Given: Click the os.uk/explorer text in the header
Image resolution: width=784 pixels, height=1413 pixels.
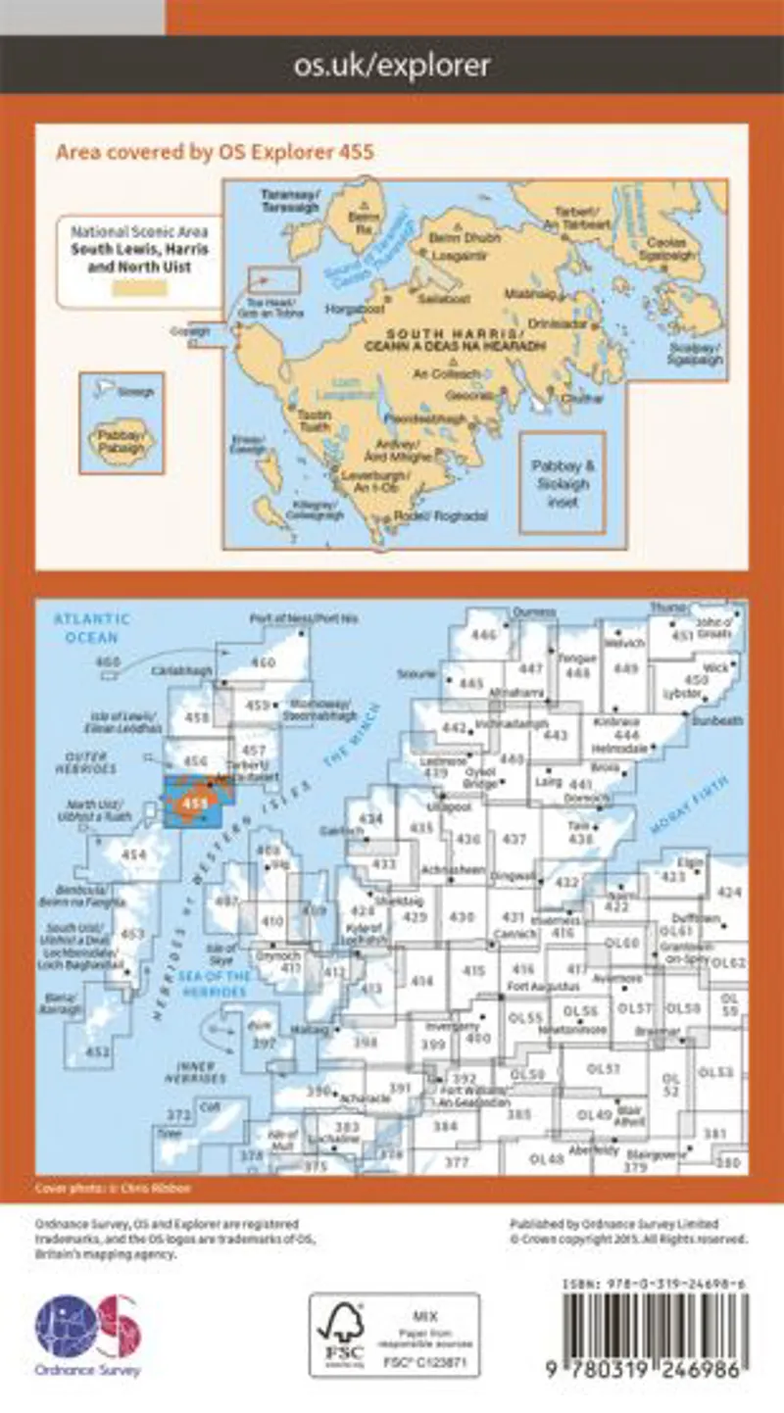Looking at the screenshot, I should click(392, 66).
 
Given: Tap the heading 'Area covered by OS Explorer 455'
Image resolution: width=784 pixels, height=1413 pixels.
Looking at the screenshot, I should click(216, 152).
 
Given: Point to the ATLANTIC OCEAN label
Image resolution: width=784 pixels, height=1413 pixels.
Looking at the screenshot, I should click(91, 628).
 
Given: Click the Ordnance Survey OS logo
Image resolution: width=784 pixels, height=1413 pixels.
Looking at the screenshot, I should click(88, 1328).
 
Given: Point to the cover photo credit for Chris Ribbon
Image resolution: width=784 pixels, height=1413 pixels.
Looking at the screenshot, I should click(114, 1188).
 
